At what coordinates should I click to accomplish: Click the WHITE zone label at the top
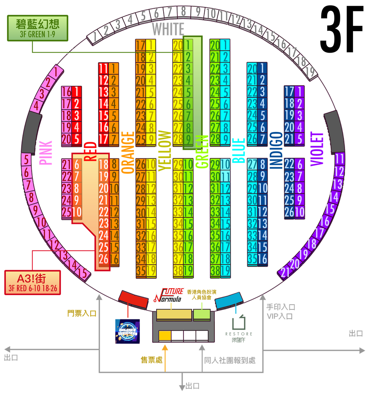(168, 29)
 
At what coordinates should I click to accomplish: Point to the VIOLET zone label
(317, 149)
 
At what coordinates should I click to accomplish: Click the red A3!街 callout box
(33, 282)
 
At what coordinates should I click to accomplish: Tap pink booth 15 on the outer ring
(82, 272)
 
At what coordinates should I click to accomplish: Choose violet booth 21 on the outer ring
(285, 272)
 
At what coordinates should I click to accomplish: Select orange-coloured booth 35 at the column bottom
(141, 270)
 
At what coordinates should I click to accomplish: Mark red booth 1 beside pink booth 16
(77, 92)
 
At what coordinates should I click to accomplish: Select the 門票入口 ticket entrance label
(82, 313)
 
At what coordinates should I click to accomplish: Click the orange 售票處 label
(151, 360)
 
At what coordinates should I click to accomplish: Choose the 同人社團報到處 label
(230, 360)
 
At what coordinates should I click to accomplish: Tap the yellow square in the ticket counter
(165, 336)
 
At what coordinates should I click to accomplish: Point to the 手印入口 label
(280, 307)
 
